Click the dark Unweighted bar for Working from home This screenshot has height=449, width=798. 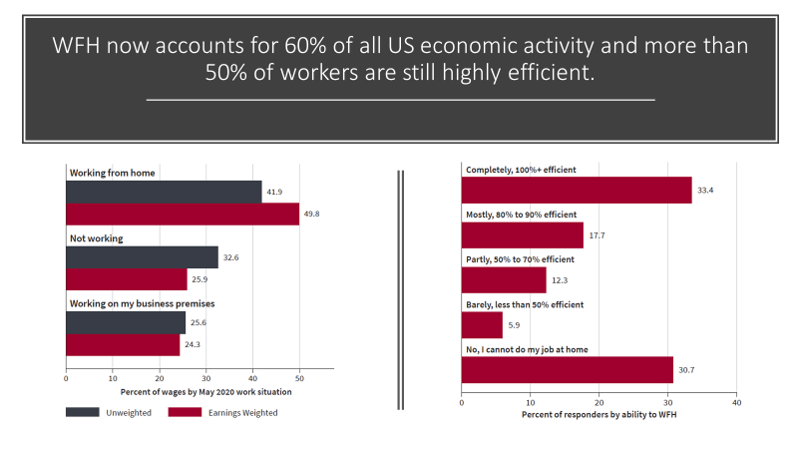tap(164, 192)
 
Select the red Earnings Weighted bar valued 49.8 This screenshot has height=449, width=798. tap(183, 214)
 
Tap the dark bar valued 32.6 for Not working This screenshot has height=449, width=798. tap(142, 257)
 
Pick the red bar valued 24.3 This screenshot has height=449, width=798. tap(123, 344)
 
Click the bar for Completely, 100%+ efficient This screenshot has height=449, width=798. tap(577, 190)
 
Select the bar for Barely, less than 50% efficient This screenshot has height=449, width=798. tap(482, 324)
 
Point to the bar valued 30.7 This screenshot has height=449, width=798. tap(568, 369)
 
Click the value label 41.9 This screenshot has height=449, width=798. tap(274, 192)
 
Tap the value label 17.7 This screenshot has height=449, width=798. tap(597, 235)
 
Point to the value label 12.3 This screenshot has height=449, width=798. tap(560, 280)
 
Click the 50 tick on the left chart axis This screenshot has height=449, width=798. tap(300, 378)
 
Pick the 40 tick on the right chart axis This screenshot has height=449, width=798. tap(736, 403)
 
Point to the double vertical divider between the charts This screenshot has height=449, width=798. tap(401, 289)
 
